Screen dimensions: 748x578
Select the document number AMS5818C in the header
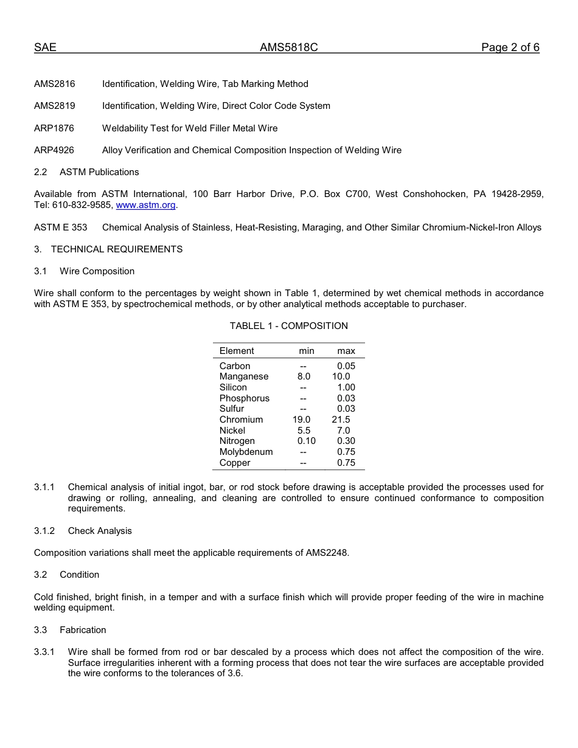(x=288, y=48)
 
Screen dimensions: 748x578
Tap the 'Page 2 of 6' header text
(x=510, y=48)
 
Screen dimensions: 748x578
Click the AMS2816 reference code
(x=55, y=84)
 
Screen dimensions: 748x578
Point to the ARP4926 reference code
(x=55, y=150)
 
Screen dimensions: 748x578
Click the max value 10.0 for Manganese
(x=341, y=377)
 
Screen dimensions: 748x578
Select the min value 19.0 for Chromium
(x=301, y=420)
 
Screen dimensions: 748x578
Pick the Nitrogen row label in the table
(x=237, y=442)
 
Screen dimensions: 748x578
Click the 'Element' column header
(x=237, y=351)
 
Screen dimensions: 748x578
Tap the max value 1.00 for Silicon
(x=346, y=387)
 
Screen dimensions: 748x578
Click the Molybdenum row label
(x=246, y=452)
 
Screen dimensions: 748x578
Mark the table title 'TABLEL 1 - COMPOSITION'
(x=288, y=326)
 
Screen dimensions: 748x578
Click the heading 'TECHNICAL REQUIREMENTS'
(x=117, y=249)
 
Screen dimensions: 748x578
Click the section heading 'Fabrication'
(x=83, y=630)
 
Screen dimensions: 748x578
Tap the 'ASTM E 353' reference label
(x=60, y=227)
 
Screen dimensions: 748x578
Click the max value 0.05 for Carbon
(x=346, y=366)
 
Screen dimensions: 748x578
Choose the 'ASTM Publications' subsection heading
(x=99, y=172)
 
